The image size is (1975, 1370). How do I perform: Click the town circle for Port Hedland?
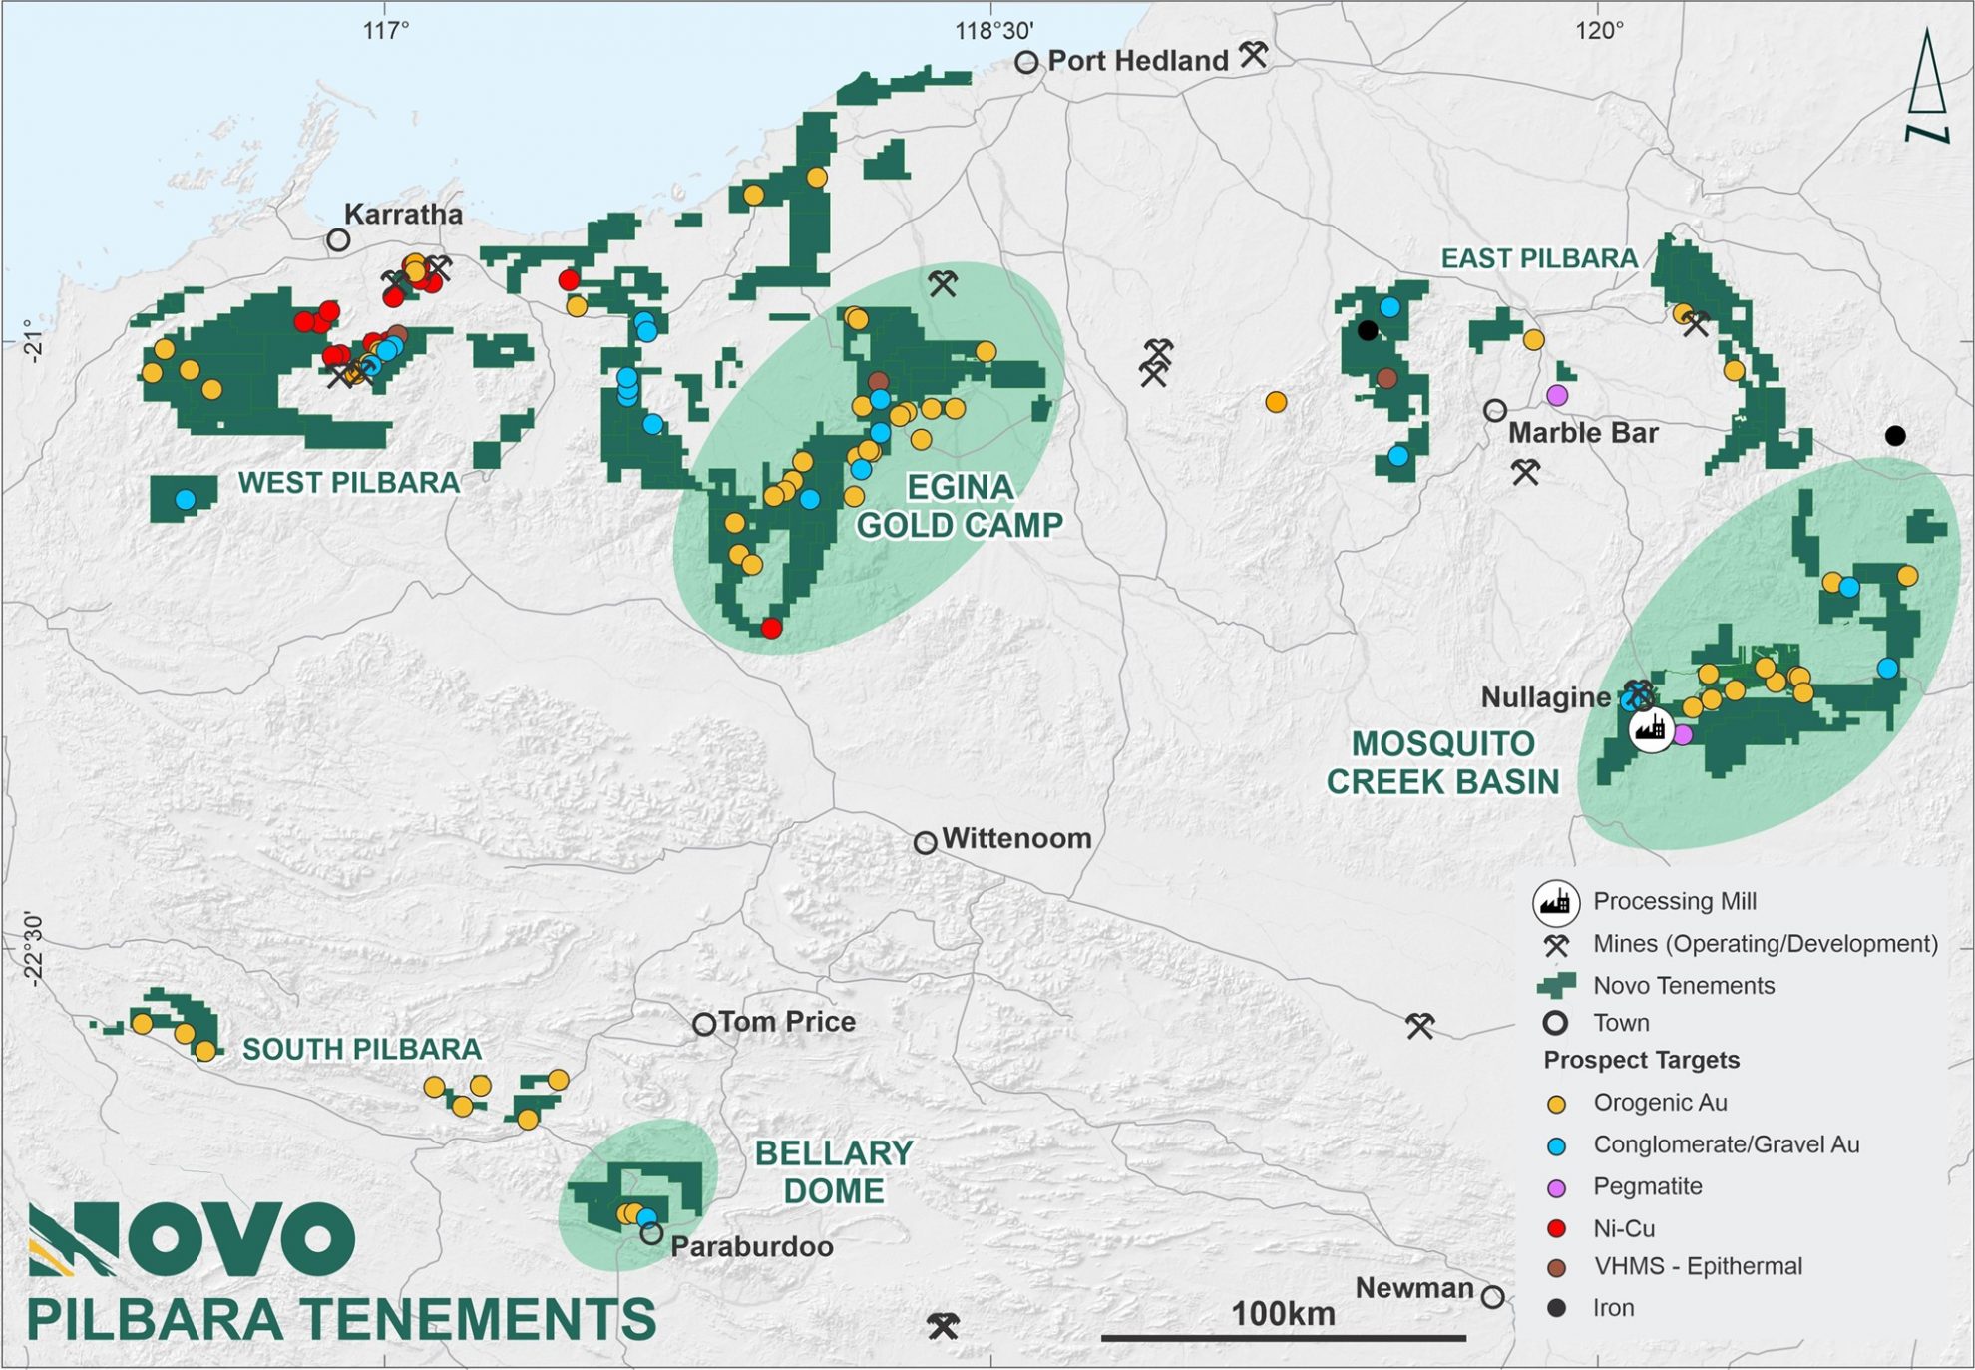pos(1026,62)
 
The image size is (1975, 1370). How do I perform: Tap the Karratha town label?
pos(403,214)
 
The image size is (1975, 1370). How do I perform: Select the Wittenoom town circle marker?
pos(925,843)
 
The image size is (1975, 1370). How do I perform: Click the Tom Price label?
pos(787,1022)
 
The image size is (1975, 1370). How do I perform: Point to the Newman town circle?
pos(1492,1297)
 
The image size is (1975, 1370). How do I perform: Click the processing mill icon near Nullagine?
pos(1652,730)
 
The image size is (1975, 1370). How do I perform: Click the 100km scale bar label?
pos(1283,1314)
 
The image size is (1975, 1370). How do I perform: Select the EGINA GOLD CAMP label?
pos(959,506)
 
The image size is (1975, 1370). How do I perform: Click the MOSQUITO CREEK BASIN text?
pos(1442,762)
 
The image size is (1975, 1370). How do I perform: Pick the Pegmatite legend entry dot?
pos(1556,1187)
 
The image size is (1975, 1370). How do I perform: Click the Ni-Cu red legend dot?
pos(1556,1228)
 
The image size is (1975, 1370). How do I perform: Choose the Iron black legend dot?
pos(1556,1308)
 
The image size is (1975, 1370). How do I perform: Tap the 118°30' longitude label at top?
pos(993,31)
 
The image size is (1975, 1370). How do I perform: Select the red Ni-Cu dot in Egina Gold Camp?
pos(771,628)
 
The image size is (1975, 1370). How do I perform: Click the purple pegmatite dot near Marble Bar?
pos(1557,395)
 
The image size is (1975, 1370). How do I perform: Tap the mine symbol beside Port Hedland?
pos(1254,54)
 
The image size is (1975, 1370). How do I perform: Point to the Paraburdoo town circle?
pos(651,1234)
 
